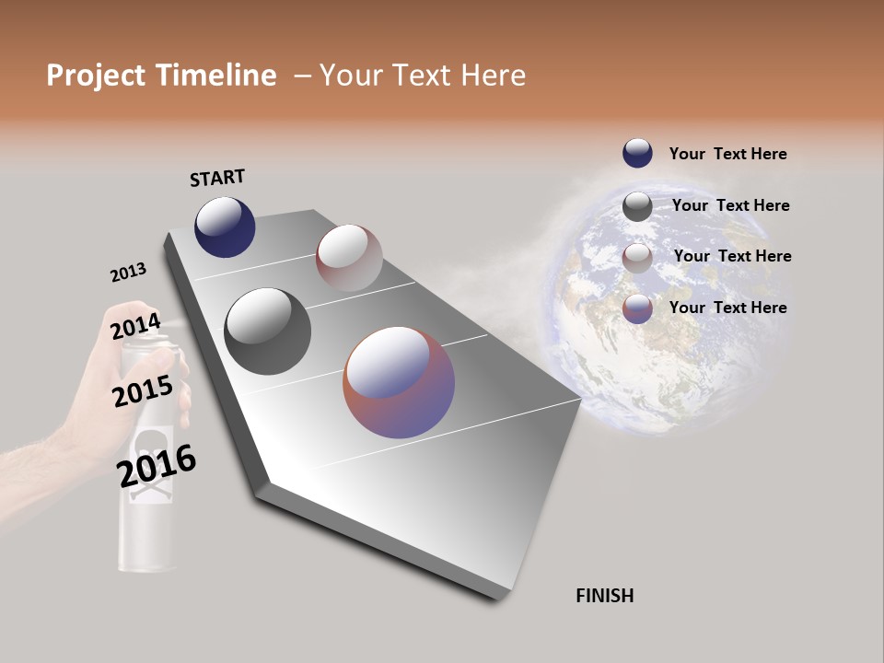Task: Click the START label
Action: (217, 178)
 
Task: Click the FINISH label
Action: (604, 596)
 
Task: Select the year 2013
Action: (128, 273)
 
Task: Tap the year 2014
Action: (135, 327)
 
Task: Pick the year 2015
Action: (143, 391)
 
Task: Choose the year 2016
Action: (157, 466)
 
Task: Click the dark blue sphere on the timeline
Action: (225, 227)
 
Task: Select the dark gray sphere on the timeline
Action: (267, 331)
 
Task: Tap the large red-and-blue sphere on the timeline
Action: (399, 382)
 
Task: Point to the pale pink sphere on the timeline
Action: (349, 258)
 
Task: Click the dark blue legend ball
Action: (637, 154)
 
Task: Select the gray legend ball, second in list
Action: (637, 206)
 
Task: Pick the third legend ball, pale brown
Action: (637, 258)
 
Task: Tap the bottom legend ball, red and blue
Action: (637, 308)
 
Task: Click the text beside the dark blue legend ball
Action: (727, 154)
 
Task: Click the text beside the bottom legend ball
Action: (727, 308)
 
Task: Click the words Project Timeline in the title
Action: (161, 76)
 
